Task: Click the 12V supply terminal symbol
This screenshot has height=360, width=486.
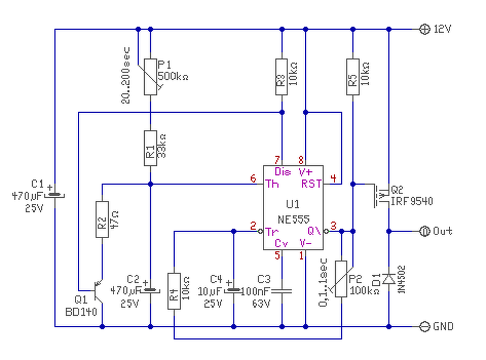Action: (x=424, y=29)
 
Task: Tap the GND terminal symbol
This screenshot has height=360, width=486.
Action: (x=424, y=327)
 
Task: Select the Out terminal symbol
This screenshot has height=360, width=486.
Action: (x=424, y=231)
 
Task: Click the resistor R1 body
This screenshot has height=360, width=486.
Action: (x=150, y=148)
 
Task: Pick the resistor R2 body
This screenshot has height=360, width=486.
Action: (x=102, y=219)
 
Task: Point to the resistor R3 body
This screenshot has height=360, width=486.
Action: (x=282, y=77)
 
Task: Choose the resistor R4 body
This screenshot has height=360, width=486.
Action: (x=174, y=291)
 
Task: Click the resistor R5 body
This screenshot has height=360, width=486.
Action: (x=353, y=77)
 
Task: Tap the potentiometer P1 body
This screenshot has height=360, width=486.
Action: (x=150, y=77)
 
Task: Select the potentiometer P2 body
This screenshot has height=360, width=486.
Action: (x=341, y=279)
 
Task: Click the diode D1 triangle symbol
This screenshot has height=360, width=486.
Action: (x=389, y=279)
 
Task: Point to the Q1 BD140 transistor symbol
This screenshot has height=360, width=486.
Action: (x=98, y=291)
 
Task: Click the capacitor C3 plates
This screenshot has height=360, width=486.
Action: (x=282, y=291)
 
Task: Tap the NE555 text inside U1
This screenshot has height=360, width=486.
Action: (x=293, y=219)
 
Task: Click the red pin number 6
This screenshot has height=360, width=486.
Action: (x=253, y=178)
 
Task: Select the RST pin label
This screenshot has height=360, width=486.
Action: (x=311, y=184)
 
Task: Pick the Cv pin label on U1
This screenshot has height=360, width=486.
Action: (x=281, y=243)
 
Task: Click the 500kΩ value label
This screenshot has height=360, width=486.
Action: (x=173, y=76)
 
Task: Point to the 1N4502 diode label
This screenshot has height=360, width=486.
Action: (x=401, y=280)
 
